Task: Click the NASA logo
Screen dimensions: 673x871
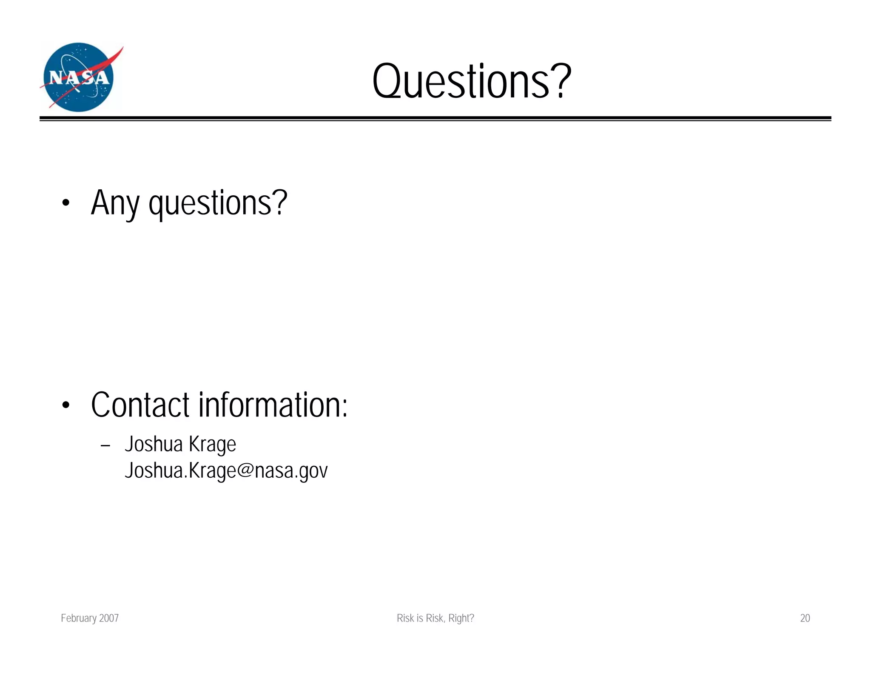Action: pyautogui.click(x=79, y=77)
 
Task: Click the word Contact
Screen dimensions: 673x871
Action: pyautogui.click(x=140, y=405)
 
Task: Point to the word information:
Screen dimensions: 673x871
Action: pyautogui.click(x=273, y=405)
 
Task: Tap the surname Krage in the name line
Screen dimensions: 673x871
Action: pyautogui.click(x=212, y=445)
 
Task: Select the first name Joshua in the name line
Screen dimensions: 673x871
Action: pyautogui.click(x=154, y=444)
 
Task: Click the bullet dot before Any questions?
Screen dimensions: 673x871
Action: pyautogui.click(x=65, y=203)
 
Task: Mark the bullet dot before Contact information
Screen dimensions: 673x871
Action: pyautogui.click(x=65, y=405)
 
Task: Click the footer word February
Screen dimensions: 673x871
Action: pyautogui.click(x=79, y=618)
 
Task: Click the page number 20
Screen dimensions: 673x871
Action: pyautogui.click(x=805, y=618)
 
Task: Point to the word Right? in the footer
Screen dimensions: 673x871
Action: pyautogui.click(x=461, y=618)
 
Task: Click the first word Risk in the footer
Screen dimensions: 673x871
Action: pyautogui.click(x=405, y=618)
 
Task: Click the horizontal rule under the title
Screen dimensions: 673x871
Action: pyautogui.click(x=435, y=118)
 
